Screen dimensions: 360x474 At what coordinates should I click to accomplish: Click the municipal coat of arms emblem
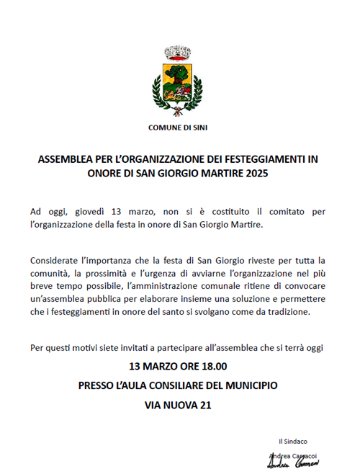pos(177,81)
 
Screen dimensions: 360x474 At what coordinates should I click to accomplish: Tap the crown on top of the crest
pos(177,53)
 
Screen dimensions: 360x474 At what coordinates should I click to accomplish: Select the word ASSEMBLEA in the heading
pos(63,161)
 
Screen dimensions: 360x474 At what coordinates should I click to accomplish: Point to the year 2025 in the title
pos(261,174)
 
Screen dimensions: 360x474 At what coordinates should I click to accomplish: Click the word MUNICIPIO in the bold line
pos(248,386)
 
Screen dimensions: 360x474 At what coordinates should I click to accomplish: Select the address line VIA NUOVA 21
pos(177,406)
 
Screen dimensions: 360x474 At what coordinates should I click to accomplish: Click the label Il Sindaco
pos(293,441)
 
